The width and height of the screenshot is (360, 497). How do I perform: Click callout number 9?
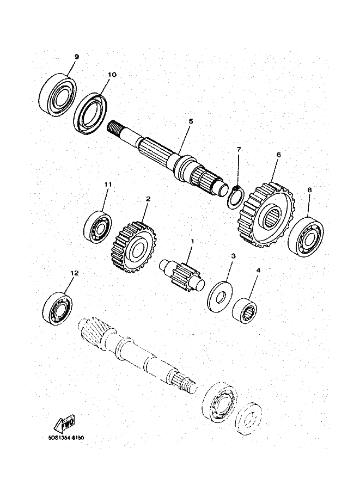click(x=76, y=57)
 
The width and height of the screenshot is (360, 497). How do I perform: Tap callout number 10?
click(x=112, y=75)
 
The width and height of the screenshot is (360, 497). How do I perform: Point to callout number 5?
click(x=191, y=121)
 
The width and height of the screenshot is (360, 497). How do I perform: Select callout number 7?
click(x=239, y=149)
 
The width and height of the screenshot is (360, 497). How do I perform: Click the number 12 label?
click(x=74, y=273)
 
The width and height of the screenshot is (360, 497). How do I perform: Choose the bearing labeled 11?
click(x=98, y=227)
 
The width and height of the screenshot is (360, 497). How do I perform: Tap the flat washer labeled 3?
click(x=220, y=296)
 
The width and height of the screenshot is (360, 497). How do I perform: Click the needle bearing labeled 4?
click(x=245, y=309)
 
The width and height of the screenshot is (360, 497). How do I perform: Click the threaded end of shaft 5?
click(x=115, y=128)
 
